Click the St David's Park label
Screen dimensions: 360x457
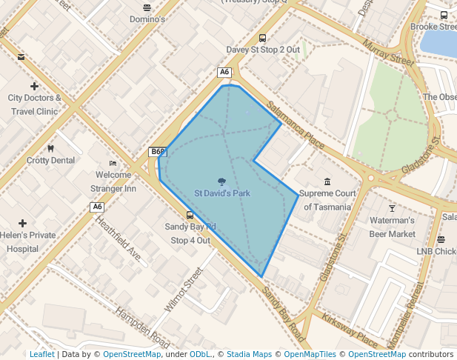(x=222, y=193)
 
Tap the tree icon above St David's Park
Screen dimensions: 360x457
(x=222, y=181)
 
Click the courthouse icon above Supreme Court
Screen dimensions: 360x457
(x=327, y=181)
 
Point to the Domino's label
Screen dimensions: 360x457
(x=147, y=19)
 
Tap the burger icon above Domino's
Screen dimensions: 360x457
(x=147, y=7)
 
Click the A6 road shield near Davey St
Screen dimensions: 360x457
(x=224, y=72)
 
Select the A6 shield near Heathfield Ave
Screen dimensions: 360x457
(x=97, y=207)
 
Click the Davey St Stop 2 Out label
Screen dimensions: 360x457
(x=263, y=50)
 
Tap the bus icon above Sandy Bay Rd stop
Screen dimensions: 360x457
(x=190, y=216)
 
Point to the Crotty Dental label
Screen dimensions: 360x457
(x=50, y=160)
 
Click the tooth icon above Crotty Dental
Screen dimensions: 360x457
(x=50, y=148)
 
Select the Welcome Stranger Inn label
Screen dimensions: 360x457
(x=113, y=181)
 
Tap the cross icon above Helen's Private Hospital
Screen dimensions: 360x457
(x=23, y=223)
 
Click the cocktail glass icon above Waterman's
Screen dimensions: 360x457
(x=392, y=208)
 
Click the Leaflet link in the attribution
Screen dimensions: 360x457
(x=41, y=354)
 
